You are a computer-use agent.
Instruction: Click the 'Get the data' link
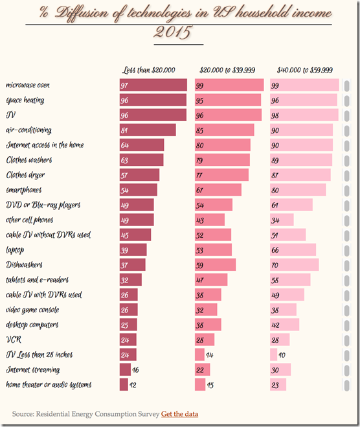coord(179,414)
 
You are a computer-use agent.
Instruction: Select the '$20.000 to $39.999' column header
coord(227,70)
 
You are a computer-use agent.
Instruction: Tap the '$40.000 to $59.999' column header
coord(304,70)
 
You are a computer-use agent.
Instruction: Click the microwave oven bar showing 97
coord(153,85)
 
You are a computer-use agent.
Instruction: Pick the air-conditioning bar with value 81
coord(148,130)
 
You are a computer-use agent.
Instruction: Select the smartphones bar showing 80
coord(298,190)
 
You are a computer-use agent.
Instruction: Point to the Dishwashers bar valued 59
coord(215,264)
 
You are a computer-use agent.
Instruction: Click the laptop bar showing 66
coord(293,249)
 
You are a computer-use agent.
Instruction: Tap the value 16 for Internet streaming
coord(136,369)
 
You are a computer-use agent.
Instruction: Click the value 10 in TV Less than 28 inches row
coord(282,354)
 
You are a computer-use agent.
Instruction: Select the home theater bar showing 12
coord(124,384)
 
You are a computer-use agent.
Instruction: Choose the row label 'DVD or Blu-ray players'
coord(43,205)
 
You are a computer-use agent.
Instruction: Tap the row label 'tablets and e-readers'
coord(37,280)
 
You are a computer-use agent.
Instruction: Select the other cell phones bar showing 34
coord(282,220)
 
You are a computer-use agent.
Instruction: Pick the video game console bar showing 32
coord(206,310)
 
